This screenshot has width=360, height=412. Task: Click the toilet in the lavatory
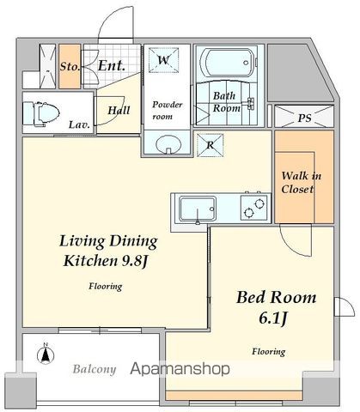pos(41,114)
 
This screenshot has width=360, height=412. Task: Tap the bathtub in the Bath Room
pos(228,63)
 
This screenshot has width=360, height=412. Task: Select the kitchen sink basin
pos(198,209)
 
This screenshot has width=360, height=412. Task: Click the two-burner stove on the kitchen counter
pos(255,209)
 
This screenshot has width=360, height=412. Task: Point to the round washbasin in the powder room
pos(168,144)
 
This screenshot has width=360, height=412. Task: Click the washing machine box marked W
pos(163,60)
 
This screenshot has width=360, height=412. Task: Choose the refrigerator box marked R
pos(210,145)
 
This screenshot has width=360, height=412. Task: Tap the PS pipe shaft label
pos(304,118)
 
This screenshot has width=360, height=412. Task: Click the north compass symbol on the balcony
pos(46,354)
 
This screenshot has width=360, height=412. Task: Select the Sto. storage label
pos(70,67)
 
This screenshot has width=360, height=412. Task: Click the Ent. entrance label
pos(112,66)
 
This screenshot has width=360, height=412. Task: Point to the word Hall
pos(119,110)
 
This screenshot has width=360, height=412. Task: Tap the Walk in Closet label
pos(301,182)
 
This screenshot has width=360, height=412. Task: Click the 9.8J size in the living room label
pos(135,261)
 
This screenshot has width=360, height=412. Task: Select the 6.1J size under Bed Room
pos(273,318)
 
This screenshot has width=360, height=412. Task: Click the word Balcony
pos(95,369)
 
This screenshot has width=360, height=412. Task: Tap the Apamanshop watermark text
pos(180,369)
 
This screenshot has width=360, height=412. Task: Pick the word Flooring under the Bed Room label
pos(269,352)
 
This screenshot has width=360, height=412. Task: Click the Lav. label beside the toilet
pos(79,124)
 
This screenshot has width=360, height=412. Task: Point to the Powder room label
pos(167,111)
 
